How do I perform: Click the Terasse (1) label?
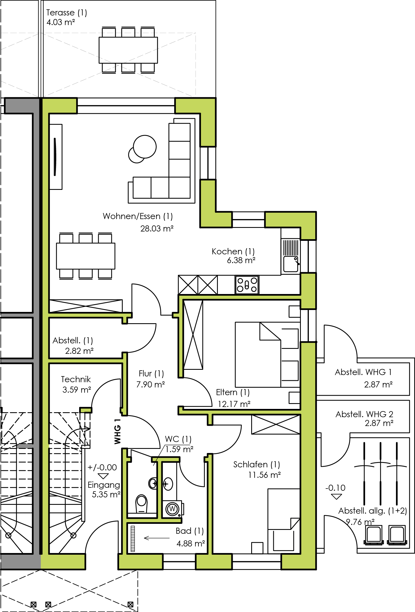click(66, 13)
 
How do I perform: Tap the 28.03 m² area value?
click(157, 228)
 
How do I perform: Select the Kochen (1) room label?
click(233, 251)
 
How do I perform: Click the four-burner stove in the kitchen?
click(247, 285)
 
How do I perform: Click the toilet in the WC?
click(141, 503)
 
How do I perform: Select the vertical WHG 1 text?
click(117, 432)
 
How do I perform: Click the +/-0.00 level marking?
click(102, 467)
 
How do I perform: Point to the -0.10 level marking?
click(335, 488)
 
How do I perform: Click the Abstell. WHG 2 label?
click(364, 414)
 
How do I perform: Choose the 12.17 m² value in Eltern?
click(234, 404)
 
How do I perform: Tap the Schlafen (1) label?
click(257, 464)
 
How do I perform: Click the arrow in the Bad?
click(157, 538)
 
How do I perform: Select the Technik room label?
click(76, 379)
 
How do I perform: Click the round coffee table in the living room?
click(145, 147)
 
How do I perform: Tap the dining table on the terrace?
click(128, 50)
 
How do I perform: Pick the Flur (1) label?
click(151, 373)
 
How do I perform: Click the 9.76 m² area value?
click(360, 522)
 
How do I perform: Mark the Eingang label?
click(104, 485)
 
